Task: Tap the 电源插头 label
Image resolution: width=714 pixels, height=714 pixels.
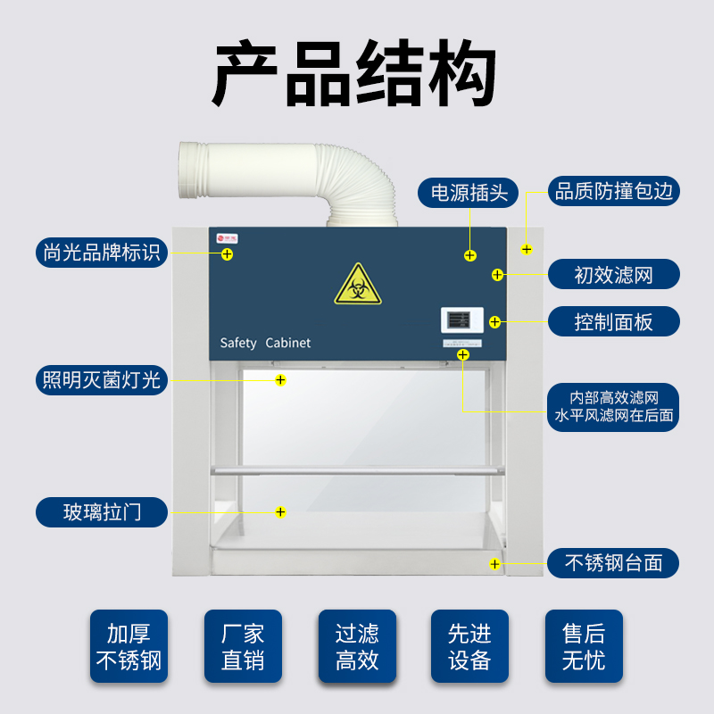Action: (469, 192)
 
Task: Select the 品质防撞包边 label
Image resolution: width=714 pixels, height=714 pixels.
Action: (613, 191)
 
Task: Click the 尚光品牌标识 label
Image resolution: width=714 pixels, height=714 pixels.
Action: (101, 252)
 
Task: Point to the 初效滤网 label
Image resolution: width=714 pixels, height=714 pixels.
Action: (613, 274)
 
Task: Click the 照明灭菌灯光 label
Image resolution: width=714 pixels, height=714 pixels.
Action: (101, 380)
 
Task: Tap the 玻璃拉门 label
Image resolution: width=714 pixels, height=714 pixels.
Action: (101, 512)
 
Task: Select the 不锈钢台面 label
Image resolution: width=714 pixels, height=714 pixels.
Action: (613, 563)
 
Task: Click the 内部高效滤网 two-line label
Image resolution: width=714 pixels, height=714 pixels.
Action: (613, 406)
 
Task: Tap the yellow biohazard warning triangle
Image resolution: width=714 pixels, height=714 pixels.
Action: (358, 286)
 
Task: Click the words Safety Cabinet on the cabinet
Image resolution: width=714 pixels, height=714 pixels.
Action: (265, 343)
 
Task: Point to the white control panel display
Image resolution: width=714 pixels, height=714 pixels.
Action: (461, 320)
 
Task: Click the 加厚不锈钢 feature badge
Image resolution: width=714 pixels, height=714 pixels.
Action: (129, 647)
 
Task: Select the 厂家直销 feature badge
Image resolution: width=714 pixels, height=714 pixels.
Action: (243, 647)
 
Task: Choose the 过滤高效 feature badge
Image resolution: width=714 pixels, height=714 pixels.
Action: (357, 647)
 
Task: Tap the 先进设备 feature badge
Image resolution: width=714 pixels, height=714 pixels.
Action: (469, 647)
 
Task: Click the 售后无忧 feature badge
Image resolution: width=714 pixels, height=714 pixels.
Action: (584, 647)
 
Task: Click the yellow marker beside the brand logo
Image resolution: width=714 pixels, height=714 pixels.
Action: (228, 254)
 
